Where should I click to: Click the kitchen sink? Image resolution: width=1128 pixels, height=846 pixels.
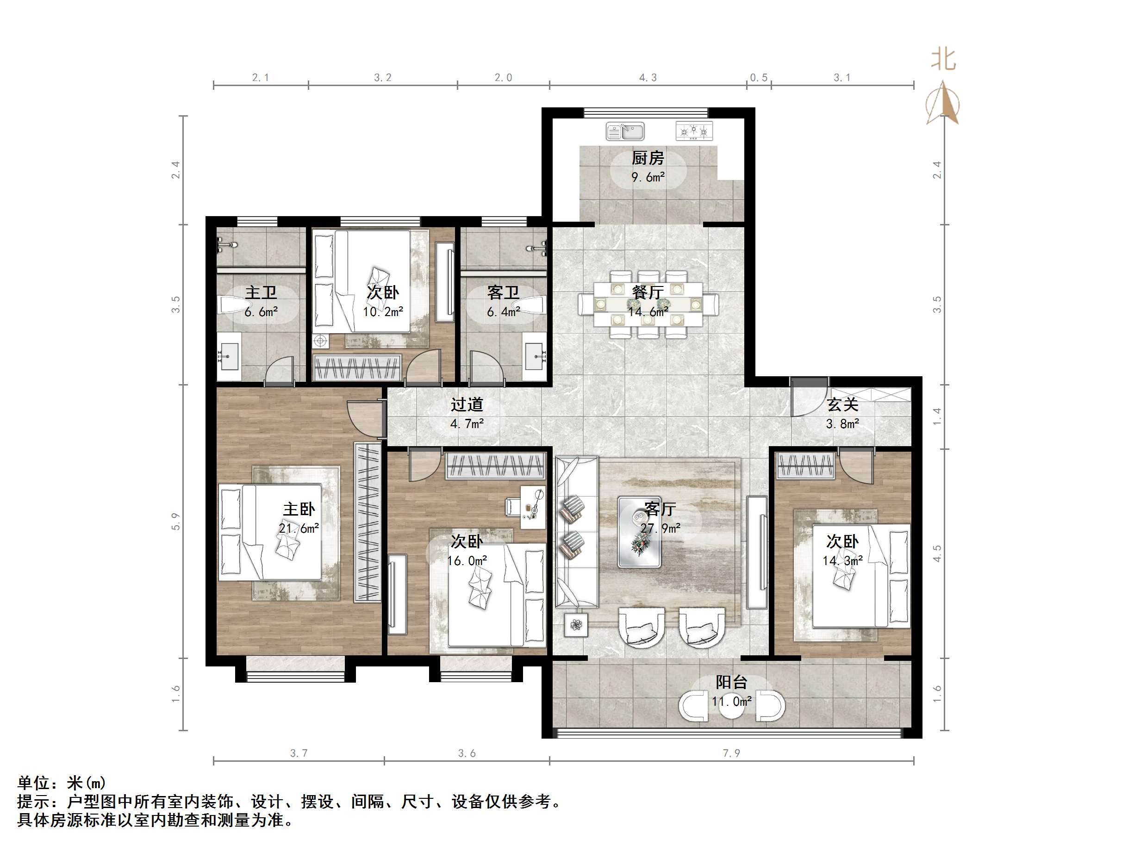tap(625, 131)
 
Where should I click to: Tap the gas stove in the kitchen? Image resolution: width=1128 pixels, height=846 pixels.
tap(693, 131)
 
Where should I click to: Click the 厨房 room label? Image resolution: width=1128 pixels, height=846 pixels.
tap(648, 158)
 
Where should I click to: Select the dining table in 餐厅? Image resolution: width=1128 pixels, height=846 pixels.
tap(648, 305)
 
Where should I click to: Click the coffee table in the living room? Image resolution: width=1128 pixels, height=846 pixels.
tap(639, 532)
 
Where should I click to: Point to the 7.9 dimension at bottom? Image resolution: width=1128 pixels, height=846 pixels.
tap(731, 753)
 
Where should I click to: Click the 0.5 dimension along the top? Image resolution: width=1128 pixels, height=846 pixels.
tap(758, 77)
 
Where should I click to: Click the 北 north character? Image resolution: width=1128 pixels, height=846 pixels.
tap(943, 60)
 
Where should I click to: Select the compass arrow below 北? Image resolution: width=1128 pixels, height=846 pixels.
tap(943, 105)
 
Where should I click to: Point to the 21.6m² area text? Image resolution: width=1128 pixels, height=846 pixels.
tap(299, 529)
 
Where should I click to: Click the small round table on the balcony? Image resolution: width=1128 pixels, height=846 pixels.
tap(731, 706)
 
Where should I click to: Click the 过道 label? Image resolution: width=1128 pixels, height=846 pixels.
tap(467, 405)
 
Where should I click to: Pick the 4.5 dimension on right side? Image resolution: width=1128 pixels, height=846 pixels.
tap(937, 554)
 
